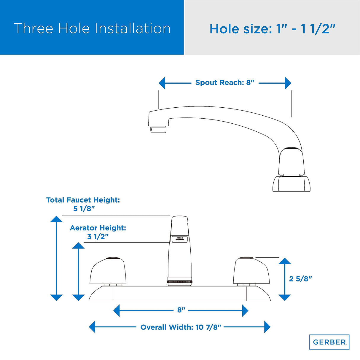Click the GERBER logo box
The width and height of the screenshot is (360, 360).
click(x=329, y=342)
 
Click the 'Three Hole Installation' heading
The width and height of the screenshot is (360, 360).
click(x=92, y=28)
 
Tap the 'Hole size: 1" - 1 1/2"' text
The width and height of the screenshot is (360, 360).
click(x=272, y=29)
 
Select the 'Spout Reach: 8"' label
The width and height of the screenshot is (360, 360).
click(x=225, y=83)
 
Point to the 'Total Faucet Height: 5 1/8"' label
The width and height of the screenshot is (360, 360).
click(x=83, y=204)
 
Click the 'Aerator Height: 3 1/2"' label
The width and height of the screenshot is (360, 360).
click(x=98, y=232)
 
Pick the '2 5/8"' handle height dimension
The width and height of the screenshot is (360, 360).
click(x=300, y=279)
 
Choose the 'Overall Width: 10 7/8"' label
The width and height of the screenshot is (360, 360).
click(x=181, y=327)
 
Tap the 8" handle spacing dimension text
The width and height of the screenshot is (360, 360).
click(x=181, y=310)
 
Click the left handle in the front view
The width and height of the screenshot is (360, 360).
click(x=107, y=271)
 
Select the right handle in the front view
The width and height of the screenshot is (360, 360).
click(x=251, y=271)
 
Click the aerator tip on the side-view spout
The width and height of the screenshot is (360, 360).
click(x=158, y=129)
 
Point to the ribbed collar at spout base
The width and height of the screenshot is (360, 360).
click(x=180, y=281)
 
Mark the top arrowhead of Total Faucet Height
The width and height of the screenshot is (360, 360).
click(x=56, y=219)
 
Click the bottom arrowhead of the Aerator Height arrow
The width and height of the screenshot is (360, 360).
click(x=78, y=297)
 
